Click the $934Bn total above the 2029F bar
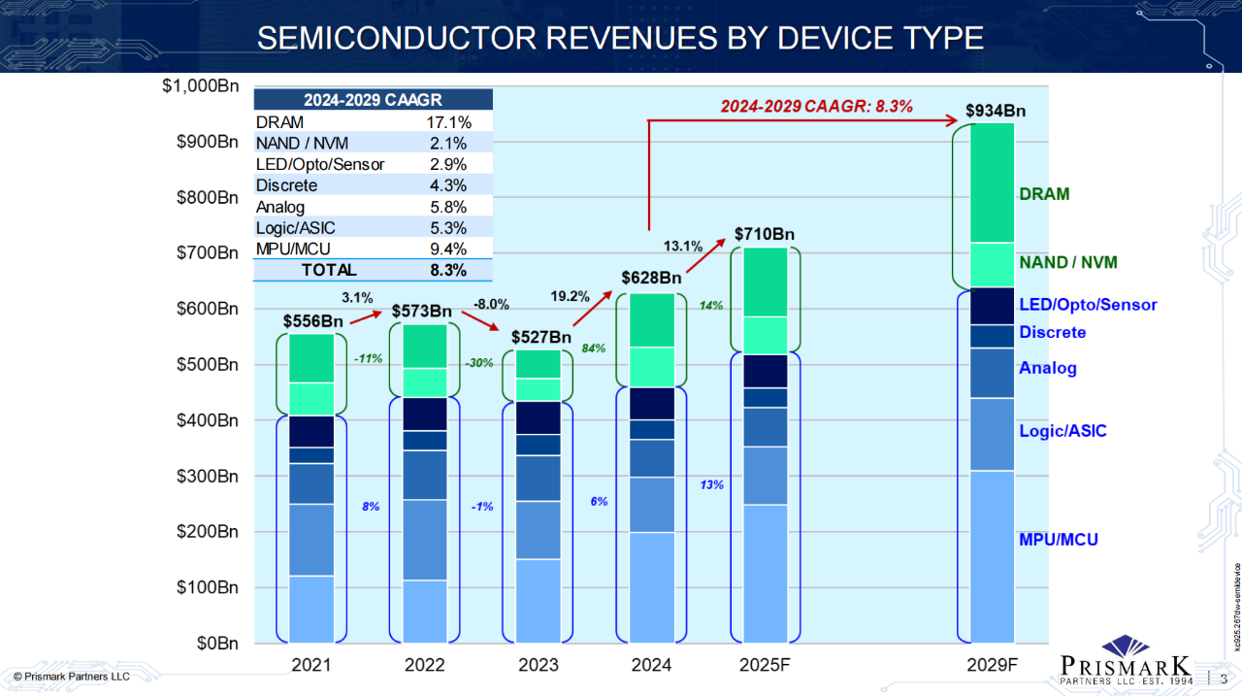(996, 110)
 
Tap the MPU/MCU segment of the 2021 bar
(311, 609)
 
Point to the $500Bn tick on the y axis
(201, 365)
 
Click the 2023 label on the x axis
(538, 665)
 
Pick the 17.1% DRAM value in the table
(448, 122)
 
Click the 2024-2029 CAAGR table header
(374, 99)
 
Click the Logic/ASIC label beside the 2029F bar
(1062, 431)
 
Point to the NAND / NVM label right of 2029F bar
(1068, 262)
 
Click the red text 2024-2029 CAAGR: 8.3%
(817, 106)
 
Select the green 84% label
(594, 347)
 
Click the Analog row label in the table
(280, 207)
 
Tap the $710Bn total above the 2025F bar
(765, 234)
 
